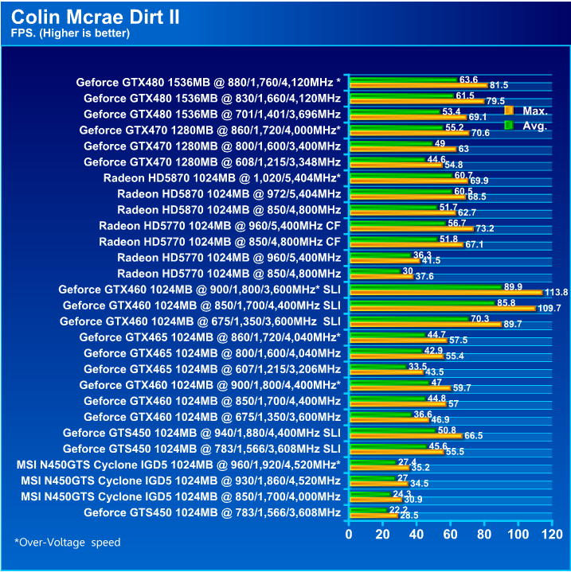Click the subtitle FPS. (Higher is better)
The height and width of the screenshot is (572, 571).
pos(70,33)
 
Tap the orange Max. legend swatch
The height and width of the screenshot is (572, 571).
pos(509,110)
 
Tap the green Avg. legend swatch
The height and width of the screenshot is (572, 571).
pos(509,125)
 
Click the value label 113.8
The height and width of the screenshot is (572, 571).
pos(557,293)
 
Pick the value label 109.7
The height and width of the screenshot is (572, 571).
pos(549,308)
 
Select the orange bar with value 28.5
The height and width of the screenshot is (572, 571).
pos(373,516)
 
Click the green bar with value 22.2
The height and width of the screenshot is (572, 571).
pos(367,510)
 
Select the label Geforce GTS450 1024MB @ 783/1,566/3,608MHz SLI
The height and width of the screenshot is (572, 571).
pos(202,449)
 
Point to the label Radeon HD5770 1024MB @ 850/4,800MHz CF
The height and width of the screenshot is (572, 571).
pos(220,241)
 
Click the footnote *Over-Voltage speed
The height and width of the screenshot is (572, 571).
pos(67,543)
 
